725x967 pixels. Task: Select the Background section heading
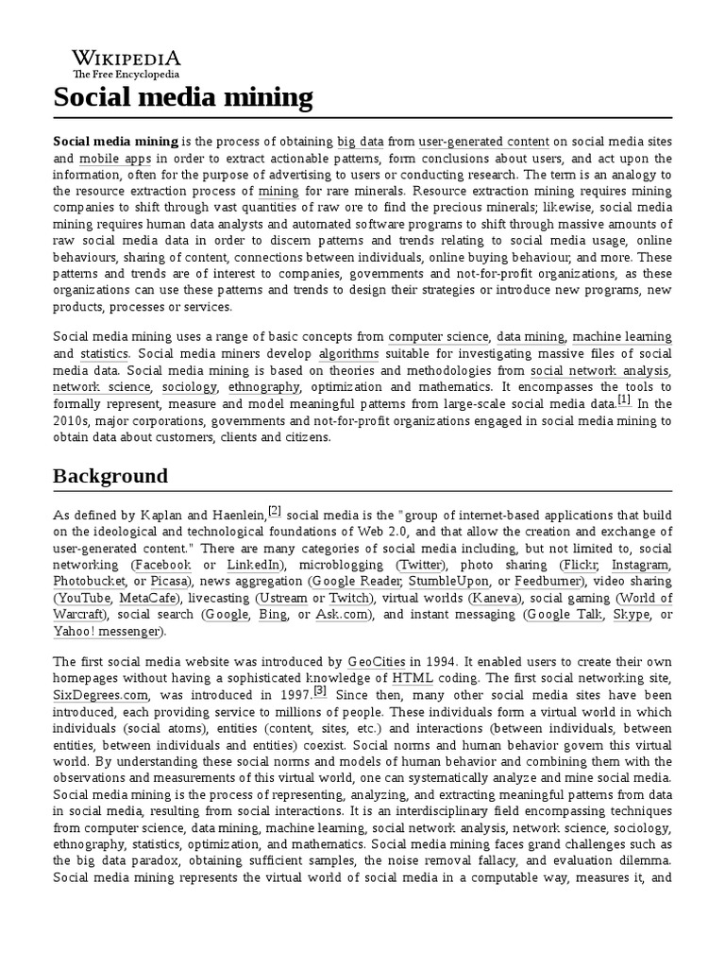[110, 475]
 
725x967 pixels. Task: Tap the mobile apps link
[110, 159]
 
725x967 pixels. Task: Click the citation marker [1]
[624, 400]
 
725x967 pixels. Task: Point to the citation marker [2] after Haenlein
[275, 511]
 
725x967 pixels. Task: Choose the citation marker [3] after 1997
[320, 664]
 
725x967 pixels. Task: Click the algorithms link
[348, 353]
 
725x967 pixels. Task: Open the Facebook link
[161, 565]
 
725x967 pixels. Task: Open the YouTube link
[83, 599]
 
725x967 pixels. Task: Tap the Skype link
[631, 616]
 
